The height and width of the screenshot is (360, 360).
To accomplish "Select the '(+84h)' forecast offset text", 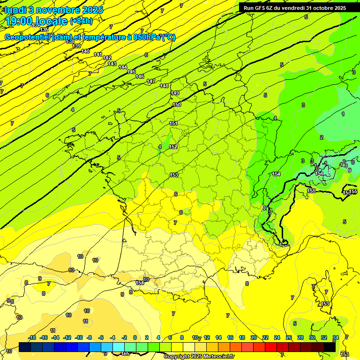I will [x=81, y=21].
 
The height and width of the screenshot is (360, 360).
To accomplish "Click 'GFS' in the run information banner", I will [x=261, y=7].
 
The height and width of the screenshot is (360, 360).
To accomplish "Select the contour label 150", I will [x=177, y=105].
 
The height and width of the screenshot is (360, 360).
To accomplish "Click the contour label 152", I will [x=173, y=147].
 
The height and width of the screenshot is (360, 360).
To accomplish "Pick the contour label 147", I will [x=151, y=81].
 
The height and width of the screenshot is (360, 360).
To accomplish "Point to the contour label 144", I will [x=123, y=67].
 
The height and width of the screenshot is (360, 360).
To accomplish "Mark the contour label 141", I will [x=97, y=54].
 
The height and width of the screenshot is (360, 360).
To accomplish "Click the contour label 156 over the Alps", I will [x=319, y=173].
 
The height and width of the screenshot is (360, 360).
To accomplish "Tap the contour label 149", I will [x=175, y=93].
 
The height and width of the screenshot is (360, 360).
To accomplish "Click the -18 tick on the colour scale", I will [x=32, y=337].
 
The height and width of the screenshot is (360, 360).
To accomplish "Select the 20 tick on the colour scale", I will [x=254, y=337].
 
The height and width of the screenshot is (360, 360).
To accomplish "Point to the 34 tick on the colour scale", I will [x=336, y=337].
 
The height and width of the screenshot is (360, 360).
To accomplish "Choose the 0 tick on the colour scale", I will [x=135, y=337].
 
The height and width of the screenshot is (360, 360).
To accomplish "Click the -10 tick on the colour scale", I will [x=79, y=337].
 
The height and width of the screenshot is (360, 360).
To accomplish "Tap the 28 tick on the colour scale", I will [x=300, y=337].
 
